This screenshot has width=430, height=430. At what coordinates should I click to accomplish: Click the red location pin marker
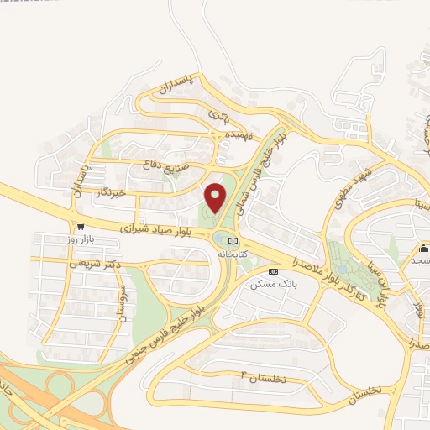pos(216,198)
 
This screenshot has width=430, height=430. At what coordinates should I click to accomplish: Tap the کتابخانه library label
pos(233,253)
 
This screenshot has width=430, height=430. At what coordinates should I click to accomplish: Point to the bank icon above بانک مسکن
pos(273,272)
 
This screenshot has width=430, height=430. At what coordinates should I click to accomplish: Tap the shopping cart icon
pos(80,227)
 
